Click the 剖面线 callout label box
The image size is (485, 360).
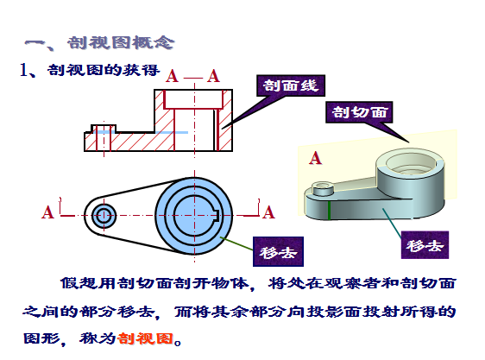(291, 85)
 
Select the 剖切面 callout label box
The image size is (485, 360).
(359, 111)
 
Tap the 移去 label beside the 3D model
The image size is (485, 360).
(425, 245)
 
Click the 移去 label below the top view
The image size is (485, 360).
(278, 252)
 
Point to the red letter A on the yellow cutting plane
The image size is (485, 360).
(315, 158)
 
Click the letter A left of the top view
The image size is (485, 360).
(47, 212)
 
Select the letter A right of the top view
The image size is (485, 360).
(268, 212)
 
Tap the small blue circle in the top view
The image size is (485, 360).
(104, 216)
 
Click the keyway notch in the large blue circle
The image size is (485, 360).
(217, 216)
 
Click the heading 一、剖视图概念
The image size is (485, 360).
(99, 42)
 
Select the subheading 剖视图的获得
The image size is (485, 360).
(104, 70)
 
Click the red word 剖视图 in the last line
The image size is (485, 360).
(145, 338)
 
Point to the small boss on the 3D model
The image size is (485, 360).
(323, 188)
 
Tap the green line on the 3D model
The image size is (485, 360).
(329, 211)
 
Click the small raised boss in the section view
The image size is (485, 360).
(104, 129)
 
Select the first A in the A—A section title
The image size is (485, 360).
(172, 76)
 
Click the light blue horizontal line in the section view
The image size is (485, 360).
(141, 132)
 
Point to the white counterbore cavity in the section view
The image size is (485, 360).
(193, 99)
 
